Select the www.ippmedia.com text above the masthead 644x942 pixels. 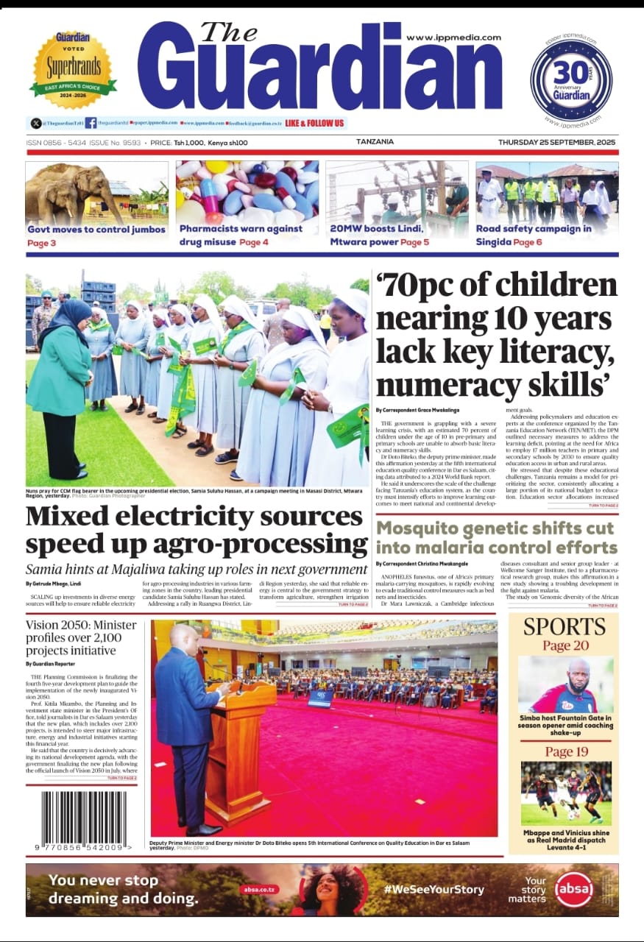453,38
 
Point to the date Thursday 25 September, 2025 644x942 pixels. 557,142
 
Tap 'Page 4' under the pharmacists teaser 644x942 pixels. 254,242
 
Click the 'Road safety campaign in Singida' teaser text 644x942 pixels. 533,235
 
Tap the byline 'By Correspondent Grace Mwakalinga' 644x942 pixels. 417,410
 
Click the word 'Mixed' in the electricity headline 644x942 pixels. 62,517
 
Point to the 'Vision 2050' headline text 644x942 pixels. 54,625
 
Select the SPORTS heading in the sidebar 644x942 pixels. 565,627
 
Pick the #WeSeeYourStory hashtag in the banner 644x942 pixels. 434,889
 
